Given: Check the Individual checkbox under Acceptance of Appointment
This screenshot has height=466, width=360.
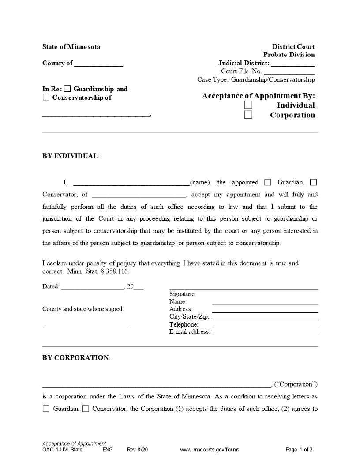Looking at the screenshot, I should pos(248,105).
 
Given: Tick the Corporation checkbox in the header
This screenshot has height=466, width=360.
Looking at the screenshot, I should pos(248,115).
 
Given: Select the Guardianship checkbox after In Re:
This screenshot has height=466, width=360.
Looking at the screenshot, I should pos(67,89).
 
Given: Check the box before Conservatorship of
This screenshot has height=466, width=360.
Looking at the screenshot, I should pos(46,98).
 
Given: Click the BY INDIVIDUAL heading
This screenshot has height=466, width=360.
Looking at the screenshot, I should pos(70,156).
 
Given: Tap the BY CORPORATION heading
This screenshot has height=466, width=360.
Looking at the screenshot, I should pos(75,357).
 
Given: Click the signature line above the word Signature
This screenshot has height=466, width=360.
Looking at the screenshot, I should pos(244,289).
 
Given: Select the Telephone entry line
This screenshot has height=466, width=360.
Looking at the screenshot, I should pos(265,327).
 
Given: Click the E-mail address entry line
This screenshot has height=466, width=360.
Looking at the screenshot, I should pos(265,334).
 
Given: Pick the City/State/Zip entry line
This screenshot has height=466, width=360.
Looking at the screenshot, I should pos(265,319).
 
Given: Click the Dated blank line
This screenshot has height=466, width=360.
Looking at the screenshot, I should pos(93,288).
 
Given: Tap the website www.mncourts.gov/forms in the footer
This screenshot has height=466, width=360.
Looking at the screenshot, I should pos(210,450).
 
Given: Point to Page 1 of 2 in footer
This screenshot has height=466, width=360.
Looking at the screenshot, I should pos(299,450).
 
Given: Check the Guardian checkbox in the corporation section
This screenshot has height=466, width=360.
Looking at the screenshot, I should pos(46,409).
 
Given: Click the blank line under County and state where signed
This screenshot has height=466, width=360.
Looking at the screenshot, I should pos(85,327).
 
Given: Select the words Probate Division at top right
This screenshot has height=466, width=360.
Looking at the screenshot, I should pos(289,55).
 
